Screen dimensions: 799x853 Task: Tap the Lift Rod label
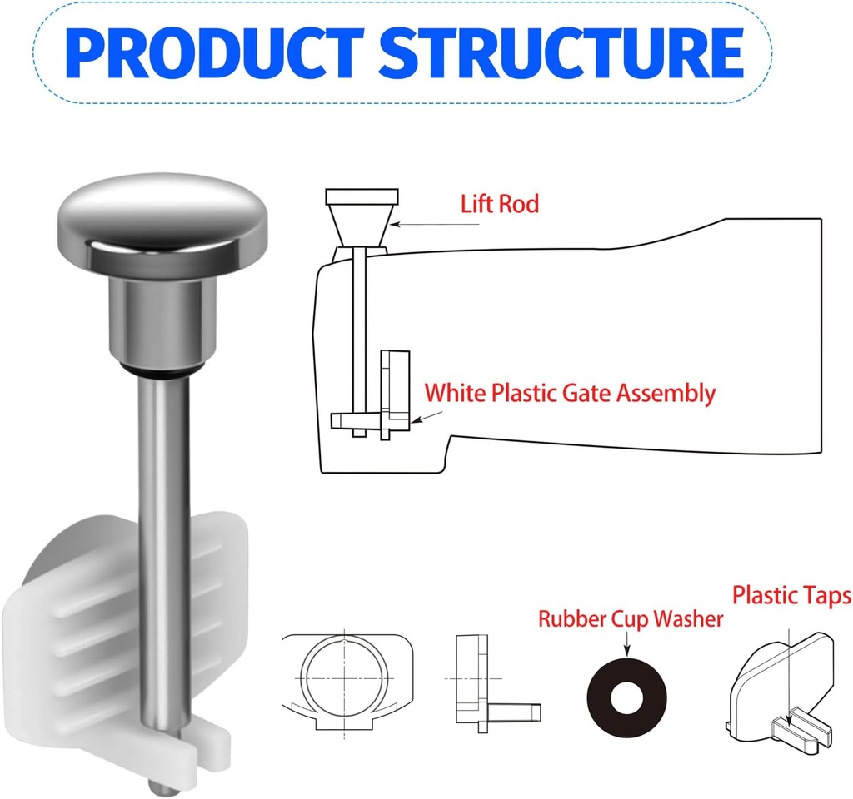click(x=500, y=204)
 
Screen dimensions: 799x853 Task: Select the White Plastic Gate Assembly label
click(x=570, y=393)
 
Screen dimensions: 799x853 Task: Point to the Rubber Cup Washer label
click(x=630, y=619)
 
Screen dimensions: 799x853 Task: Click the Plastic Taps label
click(x=791, y=596)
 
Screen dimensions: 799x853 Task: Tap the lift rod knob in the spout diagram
click(x=361, y=220)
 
